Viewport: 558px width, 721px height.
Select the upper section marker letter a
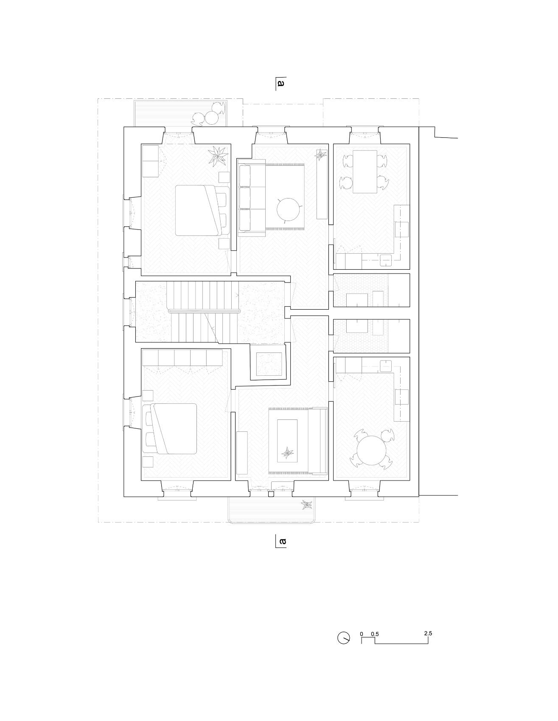280,83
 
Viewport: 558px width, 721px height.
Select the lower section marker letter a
282,541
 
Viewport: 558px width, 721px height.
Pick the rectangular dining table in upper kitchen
365,171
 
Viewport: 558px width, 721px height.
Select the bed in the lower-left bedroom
172,428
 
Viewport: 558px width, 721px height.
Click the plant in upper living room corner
321,155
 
